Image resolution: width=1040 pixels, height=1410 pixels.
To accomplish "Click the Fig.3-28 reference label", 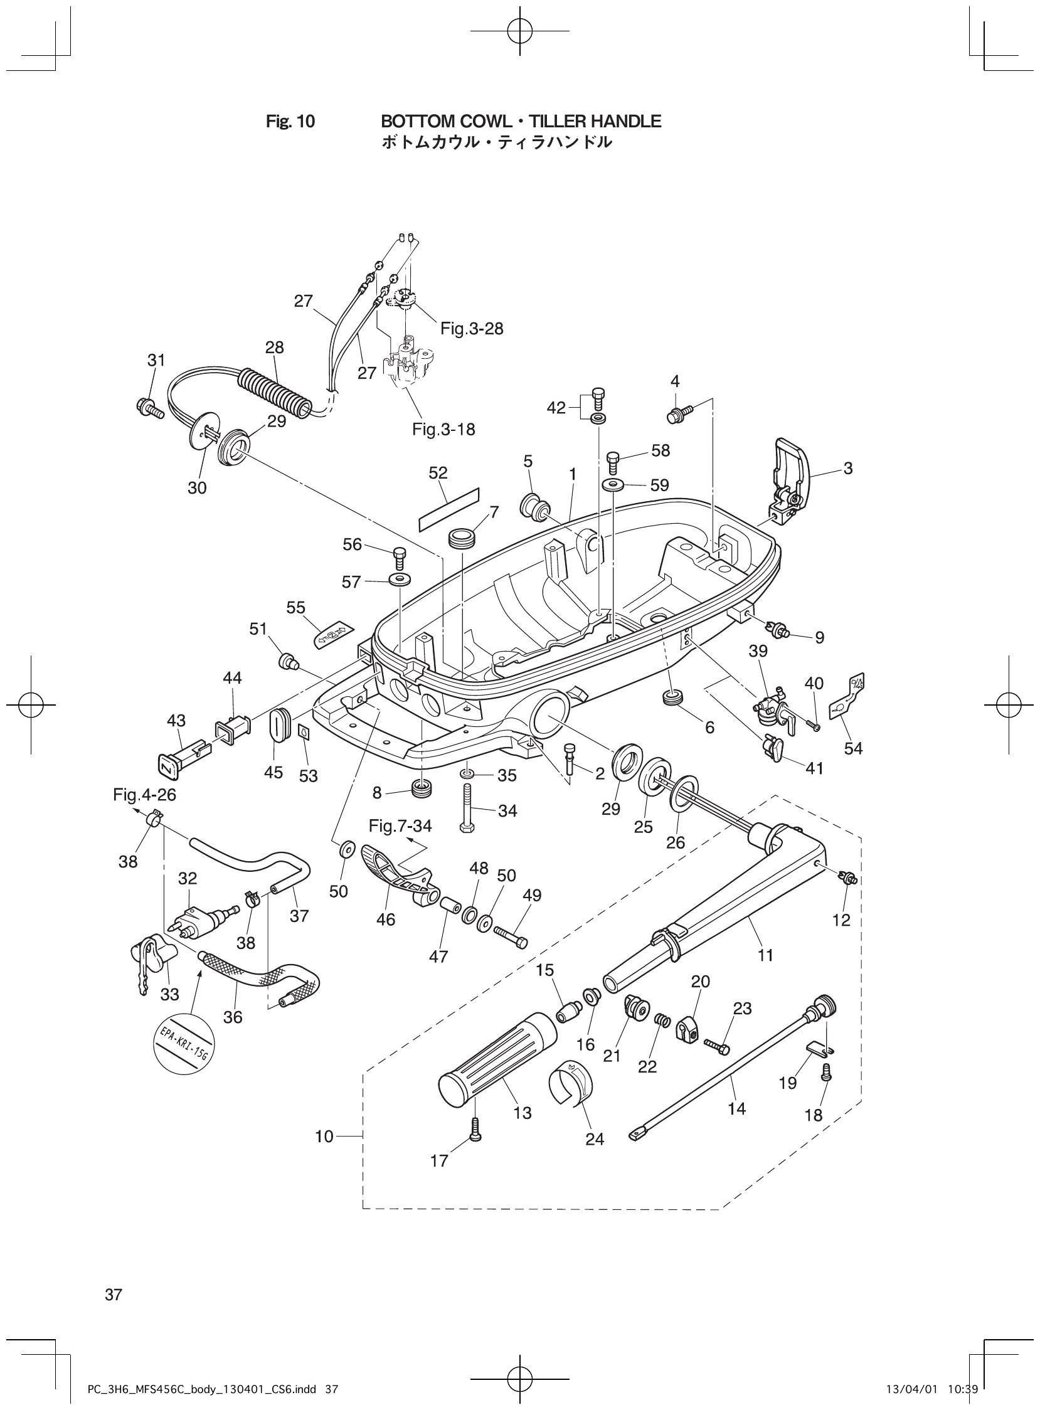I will click(x=472, y=329).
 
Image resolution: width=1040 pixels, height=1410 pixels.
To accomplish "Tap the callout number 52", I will click(x=438, y=473).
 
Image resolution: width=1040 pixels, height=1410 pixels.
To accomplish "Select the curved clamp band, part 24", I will click(x=570, y=1081).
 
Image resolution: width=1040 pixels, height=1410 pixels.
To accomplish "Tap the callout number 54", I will click(x=853, y=748).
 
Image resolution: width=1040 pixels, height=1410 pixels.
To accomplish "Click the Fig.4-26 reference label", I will click(x=144, y=795).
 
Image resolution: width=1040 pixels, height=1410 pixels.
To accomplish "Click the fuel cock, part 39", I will click(x=772, y=706).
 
